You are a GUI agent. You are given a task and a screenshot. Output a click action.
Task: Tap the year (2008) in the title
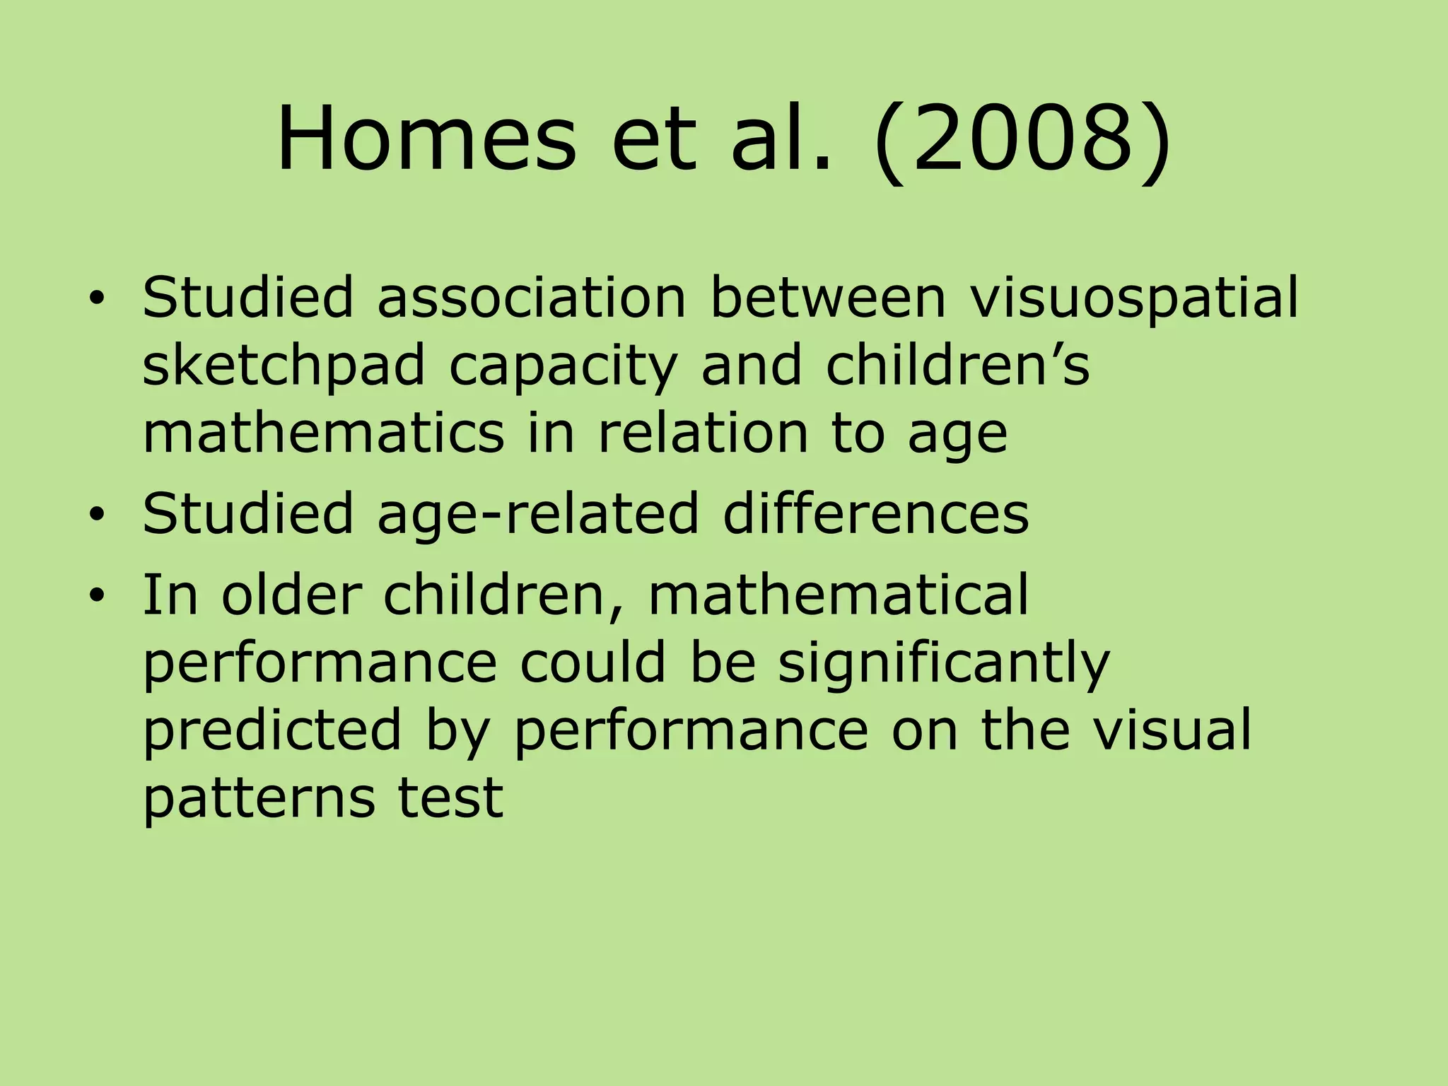click(1022, 139)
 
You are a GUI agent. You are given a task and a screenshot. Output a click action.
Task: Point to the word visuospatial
click(1134, 297)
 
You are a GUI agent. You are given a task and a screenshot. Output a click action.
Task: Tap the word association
click(531, 297)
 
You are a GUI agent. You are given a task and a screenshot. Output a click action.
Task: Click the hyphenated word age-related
click(537, 514)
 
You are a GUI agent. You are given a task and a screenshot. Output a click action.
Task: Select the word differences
click(875, 513)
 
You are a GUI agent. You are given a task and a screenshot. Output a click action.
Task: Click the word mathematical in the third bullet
click(839, 594)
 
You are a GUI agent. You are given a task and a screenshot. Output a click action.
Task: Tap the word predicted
click(272, 731)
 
